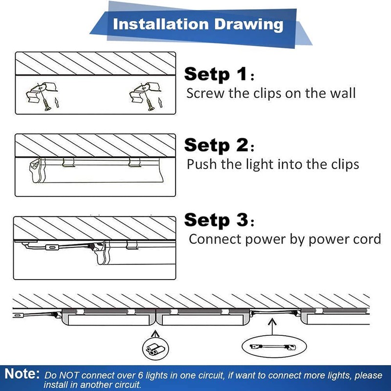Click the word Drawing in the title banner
click(249, 25)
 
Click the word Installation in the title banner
click(161, 24)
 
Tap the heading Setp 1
click(216, 74)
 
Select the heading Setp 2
click(216, 145)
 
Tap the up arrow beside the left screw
click(57, 103)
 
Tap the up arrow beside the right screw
click(160, 103)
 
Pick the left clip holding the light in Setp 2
click(68, 162)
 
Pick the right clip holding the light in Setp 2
click(135, 162)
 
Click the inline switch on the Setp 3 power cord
click(52, 247)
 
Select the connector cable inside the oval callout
click(273, 347)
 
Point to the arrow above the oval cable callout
click(272, 326)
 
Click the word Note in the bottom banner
click(22, 374)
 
